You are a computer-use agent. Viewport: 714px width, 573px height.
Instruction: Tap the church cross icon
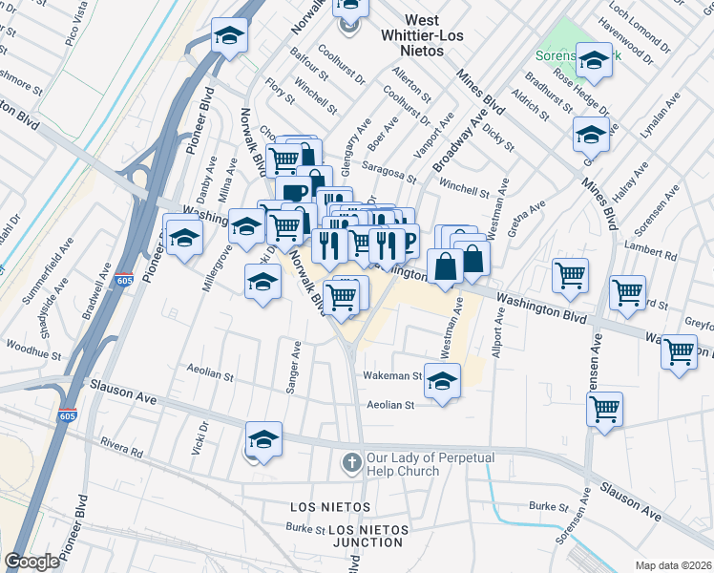click(x=352, y=463)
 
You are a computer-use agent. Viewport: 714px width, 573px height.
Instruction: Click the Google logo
click(x=32, y=562)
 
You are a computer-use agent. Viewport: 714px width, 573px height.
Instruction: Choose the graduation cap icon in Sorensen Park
click(x=594, y=62)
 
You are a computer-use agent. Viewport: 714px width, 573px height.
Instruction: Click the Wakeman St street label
click(x=391, y=376)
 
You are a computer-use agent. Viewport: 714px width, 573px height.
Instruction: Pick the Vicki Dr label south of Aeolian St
click(x=201, y=437)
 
